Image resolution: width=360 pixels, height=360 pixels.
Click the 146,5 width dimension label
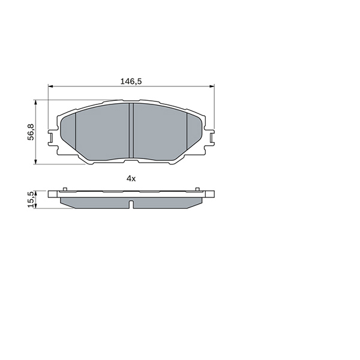point(131,81)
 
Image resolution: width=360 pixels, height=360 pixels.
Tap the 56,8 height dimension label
point(31,132)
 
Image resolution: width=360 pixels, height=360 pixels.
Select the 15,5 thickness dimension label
point(31,200)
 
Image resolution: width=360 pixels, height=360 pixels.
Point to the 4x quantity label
point(131,178)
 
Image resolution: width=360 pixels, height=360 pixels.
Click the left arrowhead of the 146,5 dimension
point(50,86)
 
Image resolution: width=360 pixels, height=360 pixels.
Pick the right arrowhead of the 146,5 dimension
point(212,86)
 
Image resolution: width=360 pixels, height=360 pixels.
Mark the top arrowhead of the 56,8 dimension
point(35,102)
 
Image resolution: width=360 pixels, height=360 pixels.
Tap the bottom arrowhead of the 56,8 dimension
point(35,162)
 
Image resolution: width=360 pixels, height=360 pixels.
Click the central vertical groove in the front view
point(131,130)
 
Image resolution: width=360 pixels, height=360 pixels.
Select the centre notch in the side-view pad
point(131,205)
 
